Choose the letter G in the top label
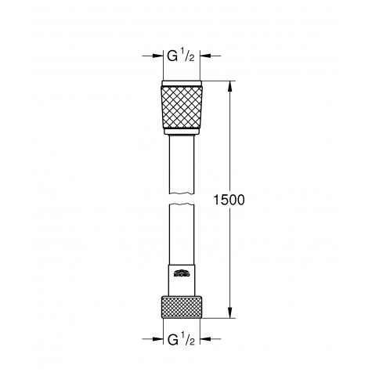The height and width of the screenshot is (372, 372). click(172, 56)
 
